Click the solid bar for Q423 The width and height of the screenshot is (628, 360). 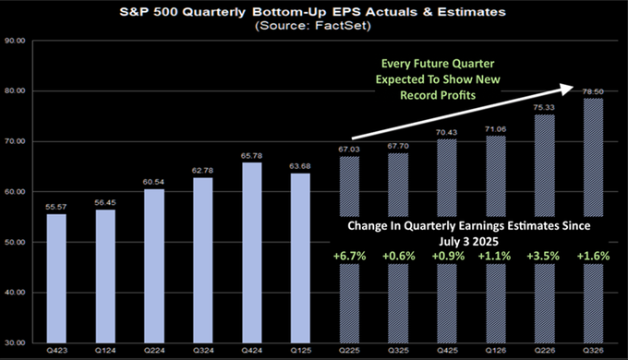tap(56, 278)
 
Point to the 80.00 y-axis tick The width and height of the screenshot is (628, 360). tap(14, 91)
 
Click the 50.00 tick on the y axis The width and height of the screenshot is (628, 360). tap(14, 242)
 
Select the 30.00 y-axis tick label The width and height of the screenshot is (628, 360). tap(14, 342)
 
